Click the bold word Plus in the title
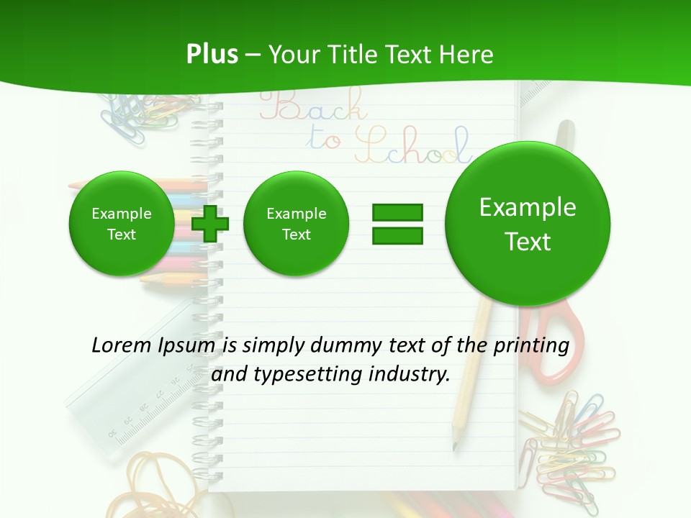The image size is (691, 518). click(212, 54)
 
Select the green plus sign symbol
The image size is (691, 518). click(210, 224)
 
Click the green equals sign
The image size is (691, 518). click(397, 224)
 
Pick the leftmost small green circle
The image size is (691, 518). click(121, 224)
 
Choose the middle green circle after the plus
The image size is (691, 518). click(296, 224)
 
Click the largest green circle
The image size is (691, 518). click(528, 224)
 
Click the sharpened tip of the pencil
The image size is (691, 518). click(454, 447)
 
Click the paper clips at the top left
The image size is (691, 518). click(137, 112)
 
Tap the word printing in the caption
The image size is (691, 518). click(530, 345)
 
